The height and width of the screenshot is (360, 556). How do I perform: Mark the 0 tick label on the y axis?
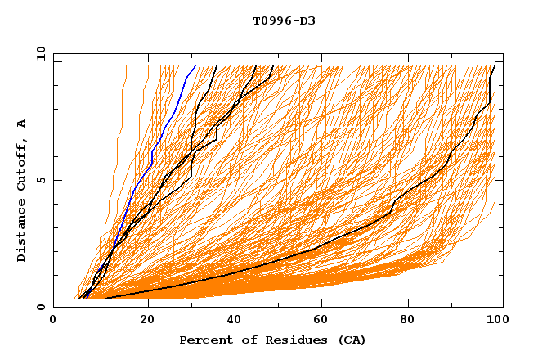(x=40, y=308)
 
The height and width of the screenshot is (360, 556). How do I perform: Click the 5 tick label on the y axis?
(x=40, y=180)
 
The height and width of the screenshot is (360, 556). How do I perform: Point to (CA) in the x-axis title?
(x=352, y=340)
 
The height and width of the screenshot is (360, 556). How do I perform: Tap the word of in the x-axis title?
(x=247, y=340)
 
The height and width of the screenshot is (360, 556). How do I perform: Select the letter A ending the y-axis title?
(x=21, y=124)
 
